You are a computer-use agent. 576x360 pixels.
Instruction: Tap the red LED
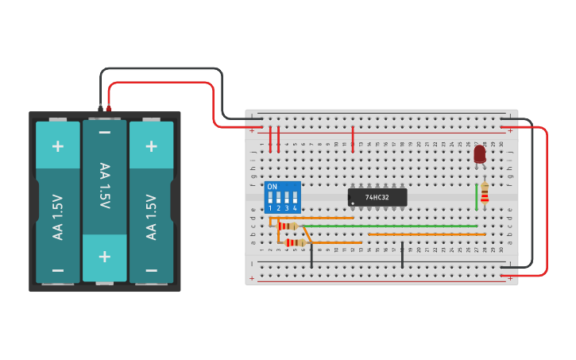pyautogui.click(x=480, y=153)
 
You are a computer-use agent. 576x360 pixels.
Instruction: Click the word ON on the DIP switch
pyautogui.click(x=273, y=187)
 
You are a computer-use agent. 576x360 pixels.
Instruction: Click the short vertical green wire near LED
pyautogui.click(x=477, y=197)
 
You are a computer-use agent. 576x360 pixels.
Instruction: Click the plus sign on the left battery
pyautogui.click(x=58, y=146)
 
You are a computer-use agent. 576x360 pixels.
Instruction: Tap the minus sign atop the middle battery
pyautogui.click(x=104, y=132)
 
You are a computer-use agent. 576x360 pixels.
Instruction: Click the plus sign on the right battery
pyautogui.click(x=151, y=146)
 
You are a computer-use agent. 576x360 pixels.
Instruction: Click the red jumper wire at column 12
pyautogui.click(x=353, y=138)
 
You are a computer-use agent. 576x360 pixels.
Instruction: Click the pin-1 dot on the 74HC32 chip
pyautogui.click(x=353, y=203)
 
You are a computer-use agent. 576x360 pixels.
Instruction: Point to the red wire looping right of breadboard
pyautogui.click(x=547, y=199)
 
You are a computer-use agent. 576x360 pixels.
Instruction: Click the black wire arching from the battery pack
pyautogui.click(x=159, y=69)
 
